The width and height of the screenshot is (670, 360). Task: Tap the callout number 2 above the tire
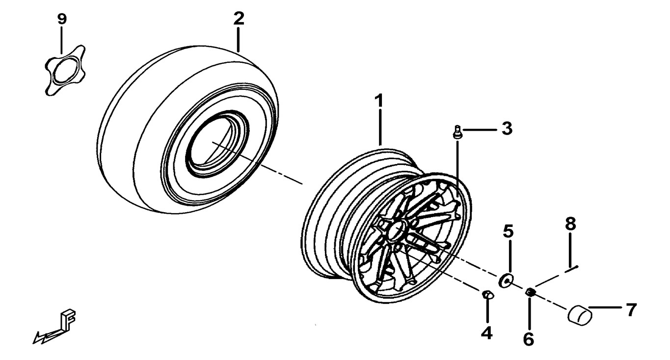coord(238,19)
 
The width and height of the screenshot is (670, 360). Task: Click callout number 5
coord(508,230)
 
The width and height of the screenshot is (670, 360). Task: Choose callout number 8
coord(570,223)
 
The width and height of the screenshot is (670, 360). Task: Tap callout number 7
coord(631,309)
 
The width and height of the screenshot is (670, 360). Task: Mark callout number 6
coord(529,338)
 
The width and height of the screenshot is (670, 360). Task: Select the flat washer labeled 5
coord(505,280)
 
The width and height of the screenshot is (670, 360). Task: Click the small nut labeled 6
coord(530,293)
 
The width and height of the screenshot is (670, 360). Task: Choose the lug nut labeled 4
coord(487,295)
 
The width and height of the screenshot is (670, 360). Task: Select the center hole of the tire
coord(212,142)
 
